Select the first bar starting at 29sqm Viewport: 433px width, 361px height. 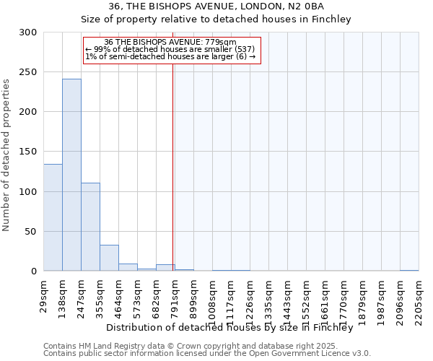(x=53, y=217)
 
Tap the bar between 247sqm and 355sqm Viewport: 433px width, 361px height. (x=90, y=227)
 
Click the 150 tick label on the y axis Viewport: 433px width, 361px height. (x=28, y=152)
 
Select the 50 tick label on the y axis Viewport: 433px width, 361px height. (x=31, y=232)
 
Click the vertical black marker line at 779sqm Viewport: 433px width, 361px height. (x=172, y=166)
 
